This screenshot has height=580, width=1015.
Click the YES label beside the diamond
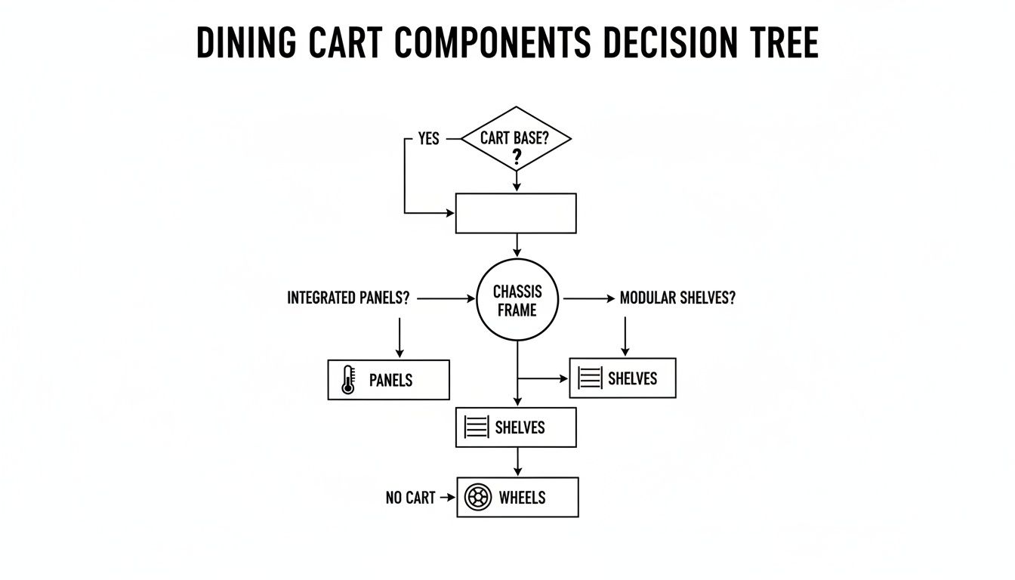point(428,139)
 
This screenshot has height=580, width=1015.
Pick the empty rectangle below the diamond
point(516,213)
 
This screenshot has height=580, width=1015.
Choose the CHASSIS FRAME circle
point(517,300)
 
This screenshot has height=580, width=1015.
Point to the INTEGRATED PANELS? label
point(348,298)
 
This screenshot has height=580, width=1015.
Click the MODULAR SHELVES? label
point(677,298)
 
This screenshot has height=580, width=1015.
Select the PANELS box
point(388,379)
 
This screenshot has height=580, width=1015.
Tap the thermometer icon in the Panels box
point(347,379)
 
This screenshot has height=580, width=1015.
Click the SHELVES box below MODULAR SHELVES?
point(622,378)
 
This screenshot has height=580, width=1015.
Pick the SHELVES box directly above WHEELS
point(516,427)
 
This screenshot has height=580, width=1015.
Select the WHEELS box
point(517,497)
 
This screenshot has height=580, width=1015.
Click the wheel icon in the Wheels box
point(478,497)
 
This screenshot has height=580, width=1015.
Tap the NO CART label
point(410,498)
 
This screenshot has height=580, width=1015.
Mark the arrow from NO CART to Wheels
point(448,498)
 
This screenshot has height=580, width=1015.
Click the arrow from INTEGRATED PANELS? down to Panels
point(400,338)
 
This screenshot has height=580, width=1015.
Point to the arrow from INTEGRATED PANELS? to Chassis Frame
point(446,299)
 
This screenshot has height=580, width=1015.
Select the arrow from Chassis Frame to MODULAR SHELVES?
point(589,299)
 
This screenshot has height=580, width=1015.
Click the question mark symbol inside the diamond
point(517,157)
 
